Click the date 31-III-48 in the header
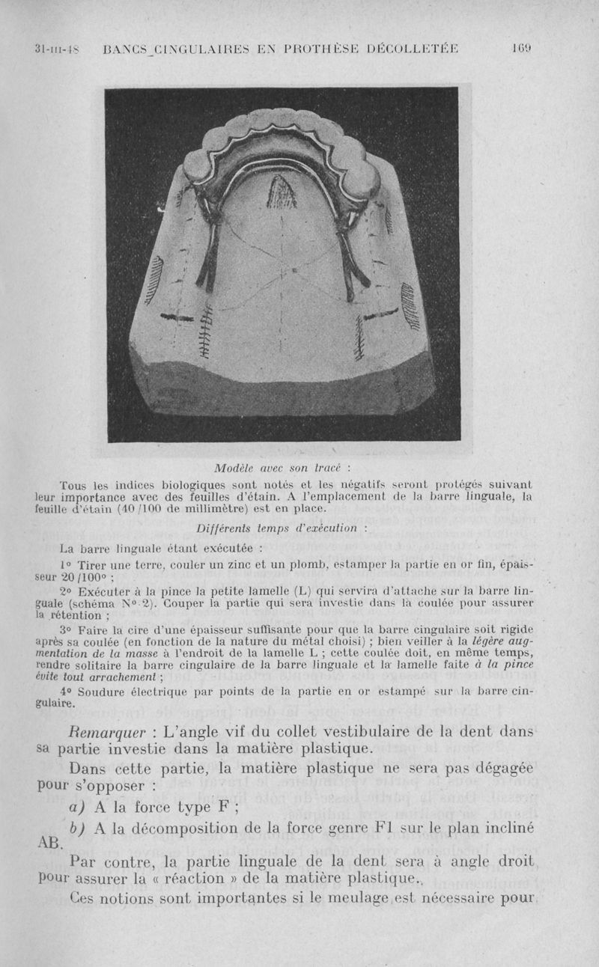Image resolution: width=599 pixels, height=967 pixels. [58, 50]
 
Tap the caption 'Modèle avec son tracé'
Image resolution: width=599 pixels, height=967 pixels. [277, 469]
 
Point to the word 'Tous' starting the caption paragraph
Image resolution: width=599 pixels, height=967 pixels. [73, 484]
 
